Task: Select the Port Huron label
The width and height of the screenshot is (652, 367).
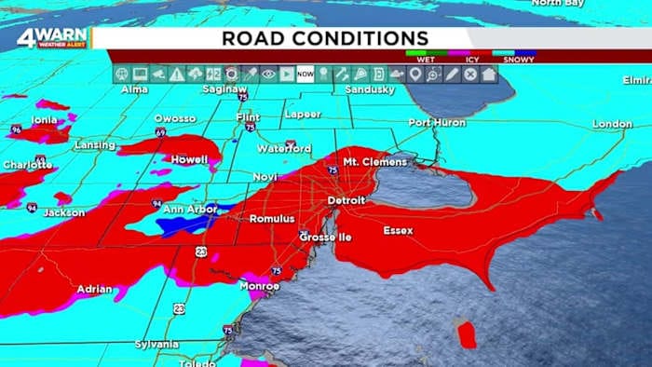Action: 436,123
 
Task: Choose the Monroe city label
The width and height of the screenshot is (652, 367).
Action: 260,286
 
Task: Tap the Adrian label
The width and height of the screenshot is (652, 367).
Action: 94,289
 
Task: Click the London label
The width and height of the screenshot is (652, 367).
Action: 612,124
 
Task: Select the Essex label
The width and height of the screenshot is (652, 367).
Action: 399,230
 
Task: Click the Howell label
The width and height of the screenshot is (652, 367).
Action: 189,160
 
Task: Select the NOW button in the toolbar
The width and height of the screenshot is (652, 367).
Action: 305,74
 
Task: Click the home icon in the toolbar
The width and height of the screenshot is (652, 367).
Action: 488,74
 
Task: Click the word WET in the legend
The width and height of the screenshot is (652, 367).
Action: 427,59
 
